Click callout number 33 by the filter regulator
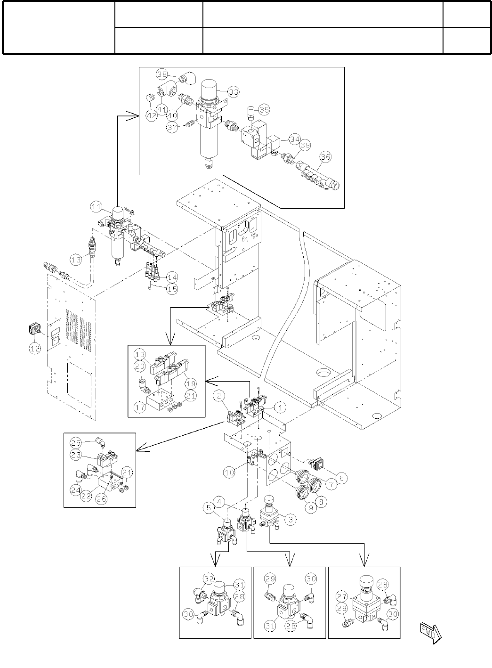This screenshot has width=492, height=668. pos(233,92)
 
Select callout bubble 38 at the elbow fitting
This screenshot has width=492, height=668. pos(162,74)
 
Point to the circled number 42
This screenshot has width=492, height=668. pos(152,116)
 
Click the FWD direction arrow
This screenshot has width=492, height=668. pos(429,632)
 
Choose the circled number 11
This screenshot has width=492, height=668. pos(97,206)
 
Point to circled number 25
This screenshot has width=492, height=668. pos(75,442)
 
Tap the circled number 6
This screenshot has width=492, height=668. pos(342,478)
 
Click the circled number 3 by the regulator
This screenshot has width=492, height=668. pos(291,520)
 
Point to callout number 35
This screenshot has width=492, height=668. pos(264,110)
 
